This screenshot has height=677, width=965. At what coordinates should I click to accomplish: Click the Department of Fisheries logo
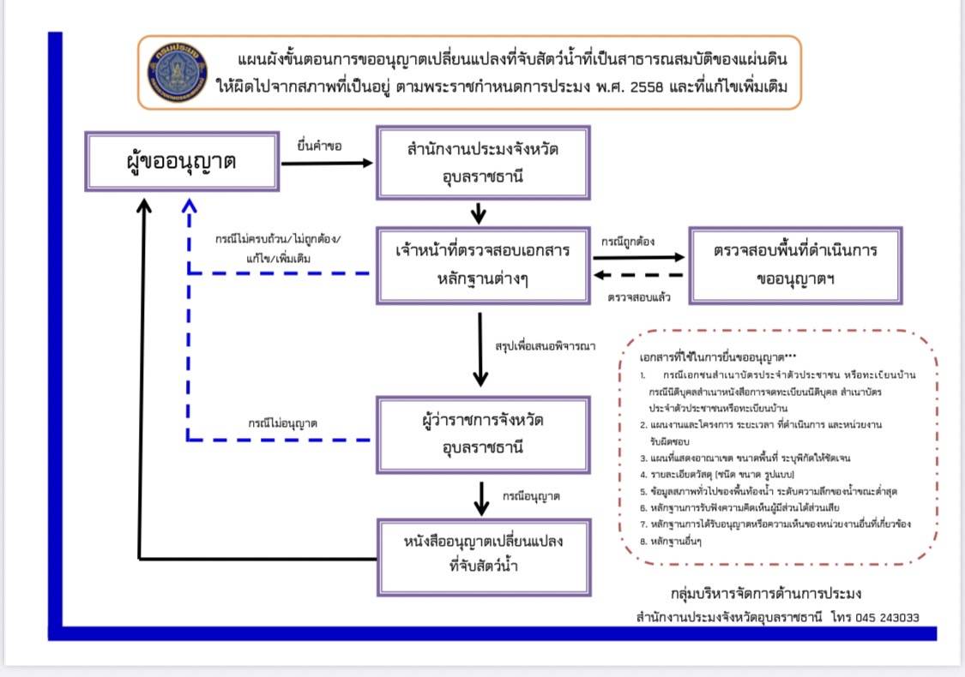pos(178,73)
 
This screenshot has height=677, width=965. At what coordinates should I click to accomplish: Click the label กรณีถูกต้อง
pos(628,242)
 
